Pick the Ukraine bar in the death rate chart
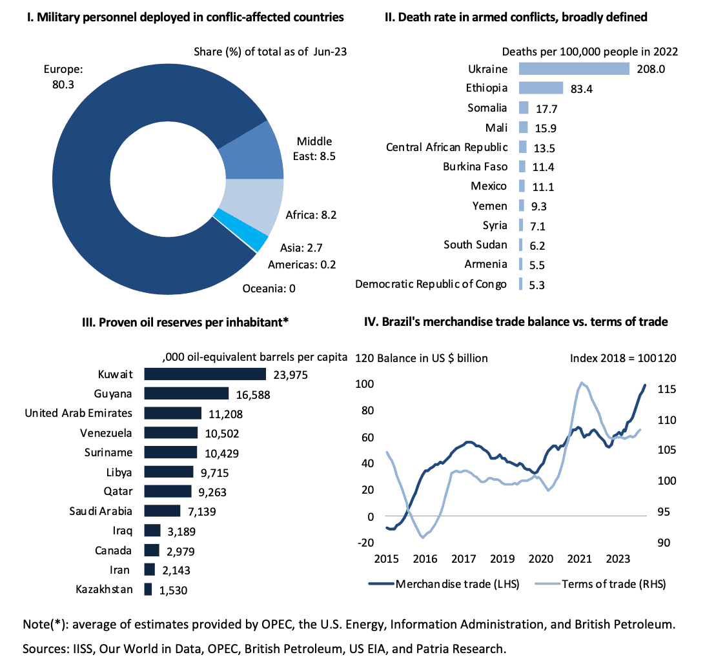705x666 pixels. (x=573, y=68)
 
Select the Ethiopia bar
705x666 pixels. (x=540, y=88)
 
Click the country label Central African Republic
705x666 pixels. (x=447, y=147)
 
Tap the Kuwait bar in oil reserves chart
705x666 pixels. (x=205, y=374)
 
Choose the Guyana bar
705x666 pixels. (x=186, y=394)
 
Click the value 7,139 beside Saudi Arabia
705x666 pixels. (x=200, y=512)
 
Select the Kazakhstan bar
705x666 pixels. (x=148, y=589)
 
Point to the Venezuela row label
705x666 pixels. (x=107, y=432)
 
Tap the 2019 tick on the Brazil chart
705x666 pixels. (x=502, y=558)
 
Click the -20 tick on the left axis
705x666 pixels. (x=365, y=543)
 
